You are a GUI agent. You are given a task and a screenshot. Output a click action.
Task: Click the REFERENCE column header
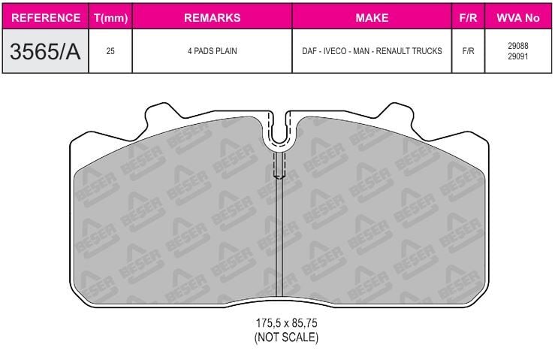pos(46,17)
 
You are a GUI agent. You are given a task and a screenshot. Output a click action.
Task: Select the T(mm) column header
pos(110,17)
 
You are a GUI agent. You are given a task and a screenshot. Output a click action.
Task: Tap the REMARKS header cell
pos(212,17)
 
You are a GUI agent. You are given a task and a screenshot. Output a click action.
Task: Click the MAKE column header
pos(371,17)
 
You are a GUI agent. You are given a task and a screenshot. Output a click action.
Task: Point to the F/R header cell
pos(468,17)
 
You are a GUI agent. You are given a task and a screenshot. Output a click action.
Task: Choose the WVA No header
pos(517,17)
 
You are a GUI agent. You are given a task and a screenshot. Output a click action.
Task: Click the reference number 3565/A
pos(46,51)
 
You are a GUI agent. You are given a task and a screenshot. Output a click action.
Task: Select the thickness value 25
pos(110,52)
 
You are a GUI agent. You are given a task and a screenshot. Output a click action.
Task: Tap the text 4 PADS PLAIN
pos(212,52)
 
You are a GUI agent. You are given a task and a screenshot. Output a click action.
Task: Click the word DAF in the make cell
pos(309,52)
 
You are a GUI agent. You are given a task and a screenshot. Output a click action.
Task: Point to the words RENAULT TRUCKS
pos(413,52)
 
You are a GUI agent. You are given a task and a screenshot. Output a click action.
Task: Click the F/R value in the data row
pos(468,52)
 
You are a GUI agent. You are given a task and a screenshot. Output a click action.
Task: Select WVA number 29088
pos(517,46)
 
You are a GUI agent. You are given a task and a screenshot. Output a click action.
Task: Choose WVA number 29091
pos(517,57)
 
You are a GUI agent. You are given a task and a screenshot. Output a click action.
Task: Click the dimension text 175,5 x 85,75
pos(286,323)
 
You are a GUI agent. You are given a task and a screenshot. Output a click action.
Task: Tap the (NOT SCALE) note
pos(286,337)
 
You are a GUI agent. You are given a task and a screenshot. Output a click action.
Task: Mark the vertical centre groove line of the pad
pos(279,241)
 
